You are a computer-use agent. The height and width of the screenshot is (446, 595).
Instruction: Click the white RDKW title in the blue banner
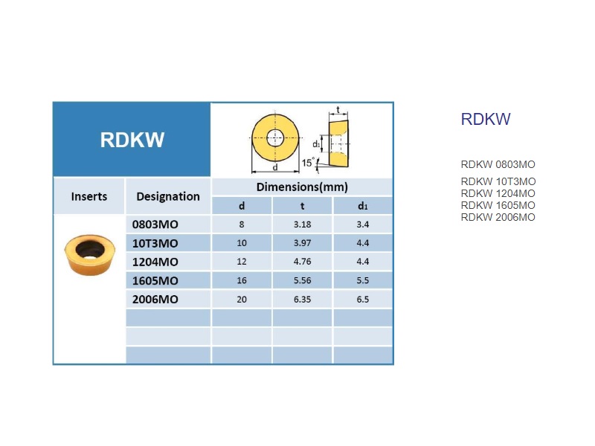(x=132, y=140)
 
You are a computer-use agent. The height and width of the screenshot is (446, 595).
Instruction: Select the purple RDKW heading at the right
(x=486, y=119)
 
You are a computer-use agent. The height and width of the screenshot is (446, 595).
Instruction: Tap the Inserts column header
(x=89, y=196)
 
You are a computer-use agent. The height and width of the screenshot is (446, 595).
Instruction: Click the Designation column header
(x=168, y=196)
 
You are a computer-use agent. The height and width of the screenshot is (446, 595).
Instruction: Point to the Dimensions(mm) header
(x=302, y=187)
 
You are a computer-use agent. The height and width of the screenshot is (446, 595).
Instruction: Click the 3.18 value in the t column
(x=302, y=224)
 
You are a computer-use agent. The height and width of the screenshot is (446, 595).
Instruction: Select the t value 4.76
(x=302, y=262)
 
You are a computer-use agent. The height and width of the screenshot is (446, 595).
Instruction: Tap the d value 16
(x=242, y=280)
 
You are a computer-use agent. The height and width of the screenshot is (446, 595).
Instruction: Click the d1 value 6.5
(x=363, y=300)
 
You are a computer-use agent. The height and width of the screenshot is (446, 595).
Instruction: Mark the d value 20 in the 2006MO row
(x=242, y=300)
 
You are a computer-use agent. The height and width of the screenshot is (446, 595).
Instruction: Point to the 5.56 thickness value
(x=302, y=280)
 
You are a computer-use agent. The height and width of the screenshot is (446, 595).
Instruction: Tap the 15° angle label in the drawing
(x=308, y=163)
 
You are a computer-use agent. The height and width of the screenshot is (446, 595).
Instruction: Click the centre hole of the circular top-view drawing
(x=275, y=138)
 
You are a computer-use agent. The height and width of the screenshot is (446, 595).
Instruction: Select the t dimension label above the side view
(x=338, y=110)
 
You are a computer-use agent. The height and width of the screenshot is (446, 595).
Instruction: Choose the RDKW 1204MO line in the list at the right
(x=498, y=193)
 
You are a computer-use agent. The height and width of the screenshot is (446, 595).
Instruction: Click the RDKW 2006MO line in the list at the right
(x=498, y=217)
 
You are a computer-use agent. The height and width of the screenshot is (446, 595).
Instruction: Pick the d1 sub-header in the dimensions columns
(x=363, y=206)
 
